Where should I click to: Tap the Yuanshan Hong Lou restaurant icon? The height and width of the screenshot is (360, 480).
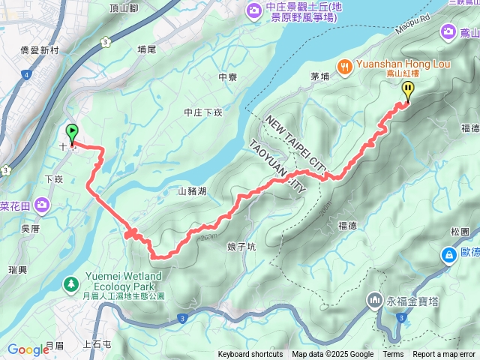pyautogui.click(x=346, y=65)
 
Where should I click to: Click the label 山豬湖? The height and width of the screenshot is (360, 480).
pyautogui.click(x=192, y=191)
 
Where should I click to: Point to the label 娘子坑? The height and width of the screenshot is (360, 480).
pyautogui.click(x=241, y=246)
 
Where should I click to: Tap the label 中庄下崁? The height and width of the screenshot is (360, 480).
pyautogui.click(x=203, y=112)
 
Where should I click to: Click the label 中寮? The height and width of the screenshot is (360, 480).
pyautogui.click(x=227, y=76)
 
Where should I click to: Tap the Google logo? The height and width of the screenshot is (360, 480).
pyautogui.click(x=28, y=349)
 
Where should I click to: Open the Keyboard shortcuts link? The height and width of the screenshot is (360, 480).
pyautogui.click(x=250, y=355)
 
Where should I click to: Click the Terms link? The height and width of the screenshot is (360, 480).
pyautogui.click(x=393, y=355)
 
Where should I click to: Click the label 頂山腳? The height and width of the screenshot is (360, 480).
pyautogui.click(x=124, y=8)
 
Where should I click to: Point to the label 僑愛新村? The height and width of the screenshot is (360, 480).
pyautogui.click(x=40, y=49)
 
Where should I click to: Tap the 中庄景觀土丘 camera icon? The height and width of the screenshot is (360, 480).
pyautogui.click(x=253, y=9)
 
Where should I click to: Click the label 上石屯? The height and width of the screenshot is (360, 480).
pyautogui.click(x=97, y=344)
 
